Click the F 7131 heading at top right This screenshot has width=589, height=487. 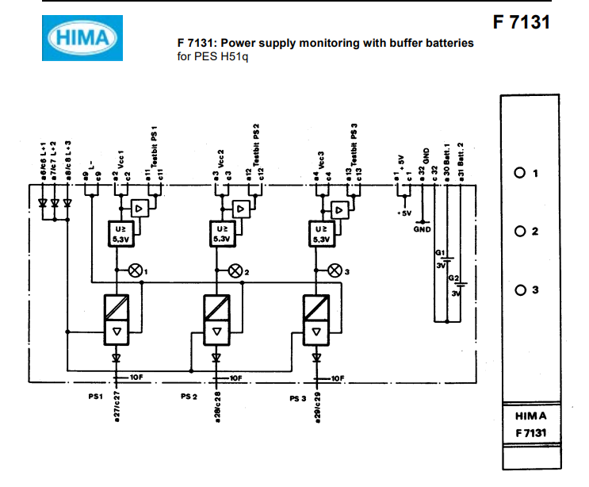[x=521, y=21]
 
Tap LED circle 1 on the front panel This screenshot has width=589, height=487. [x=520, y=173]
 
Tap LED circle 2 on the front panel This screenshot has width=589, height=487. [x=520, y=232]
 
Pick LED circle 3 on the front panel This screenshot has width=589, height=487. [x=520, y=290]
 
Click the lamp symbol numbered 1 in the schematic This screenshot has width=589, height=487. [x=134, y=270]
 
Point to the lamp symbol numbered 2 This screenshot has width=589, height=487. [x=235, y=270]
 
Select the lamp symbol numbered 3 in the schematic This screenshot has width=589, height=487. [x=335, y=270]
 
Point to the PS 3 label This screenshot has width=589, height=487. [x=298, y=398]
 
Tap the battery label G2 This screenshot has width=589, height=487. [x=453, y=278]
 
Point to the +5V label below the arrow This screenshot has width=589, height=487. [x=403, y=213]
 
